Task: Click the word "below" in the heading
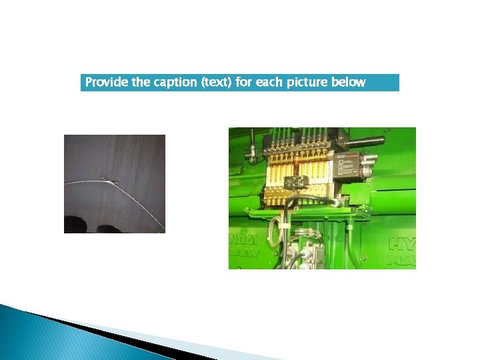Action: coord(349,83)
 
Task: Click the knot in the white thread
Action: coord(107,177)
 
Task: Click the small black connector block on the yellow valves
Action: coord(296,181)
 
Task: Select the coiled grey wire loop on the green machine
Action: coord(273,230)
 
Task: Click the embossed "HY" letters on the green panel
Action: coord(401,243)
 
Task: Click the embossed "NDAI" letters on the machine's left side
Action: coord(245,238)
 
